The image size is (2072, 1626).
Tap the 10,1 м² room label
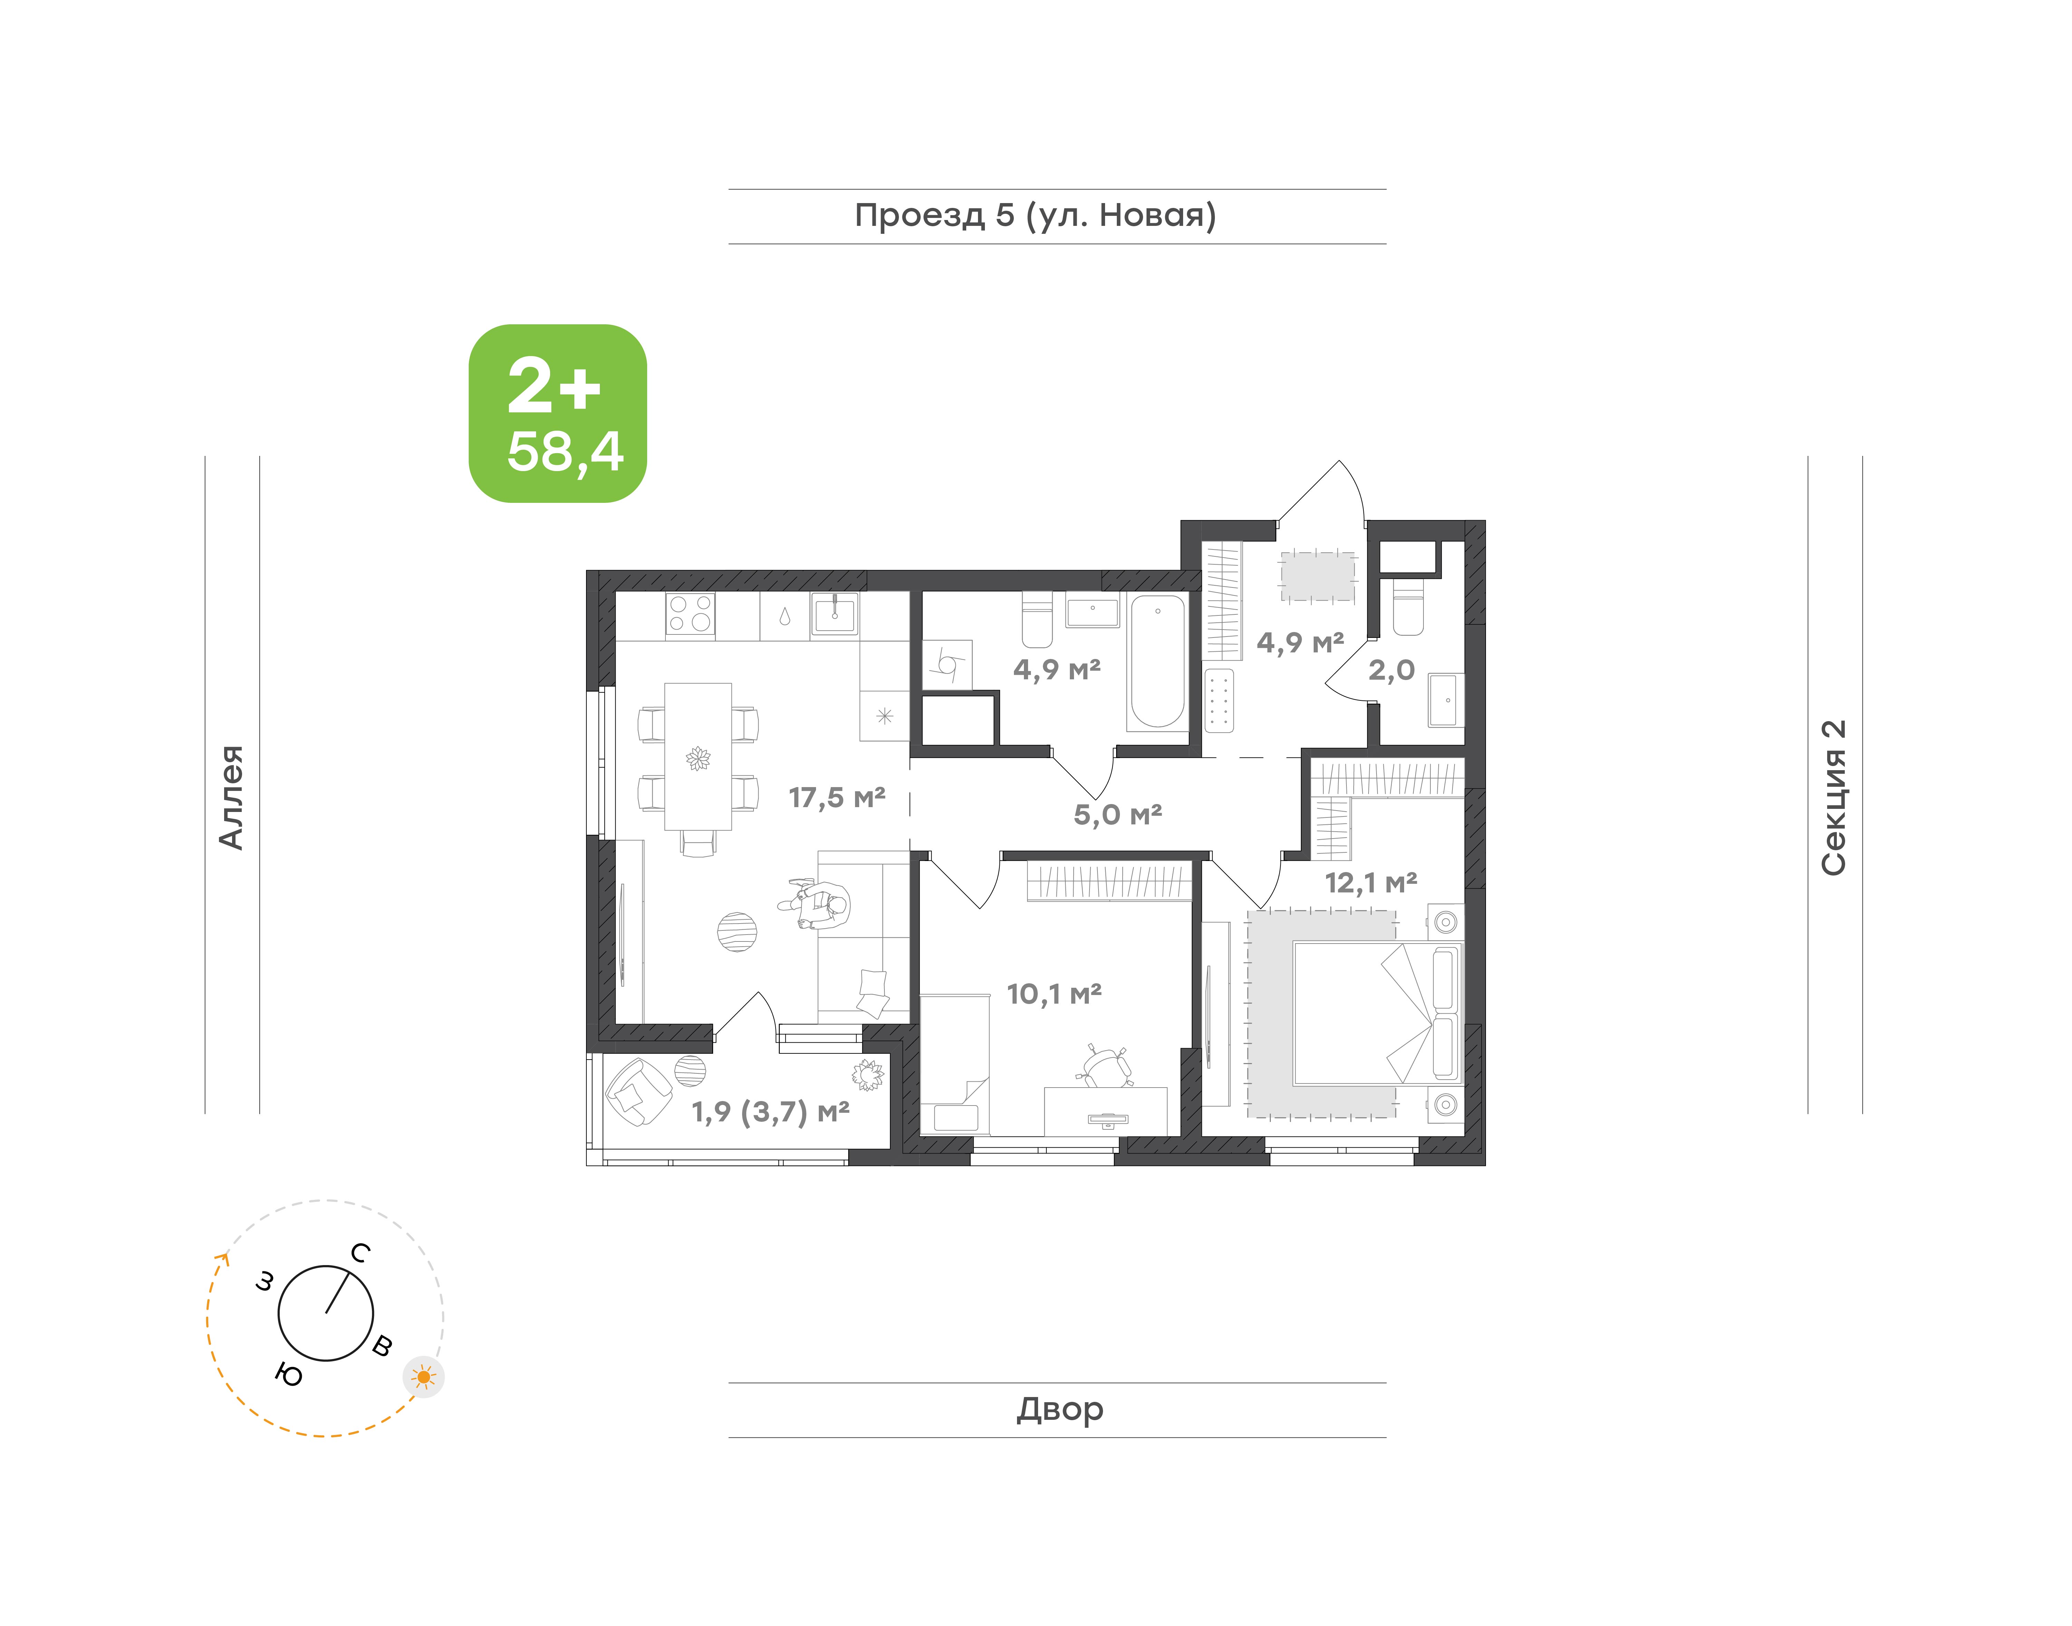pos(1055,994)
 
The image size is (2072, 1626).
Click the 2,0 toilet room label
pos(1391,670)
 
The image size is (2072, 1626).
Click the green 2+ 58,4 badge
pos(558,413)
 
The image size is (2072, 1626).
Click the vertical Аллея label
pos(231,797)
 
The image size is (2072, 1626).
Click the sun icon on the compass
pos(423,1377)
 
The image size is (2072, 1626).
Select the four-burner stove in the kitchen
pos(690,614)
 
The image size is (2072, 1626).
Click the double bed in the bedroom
pos(1376,1014)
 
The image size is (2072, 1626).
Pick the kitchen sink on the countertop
pos(835,614)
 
